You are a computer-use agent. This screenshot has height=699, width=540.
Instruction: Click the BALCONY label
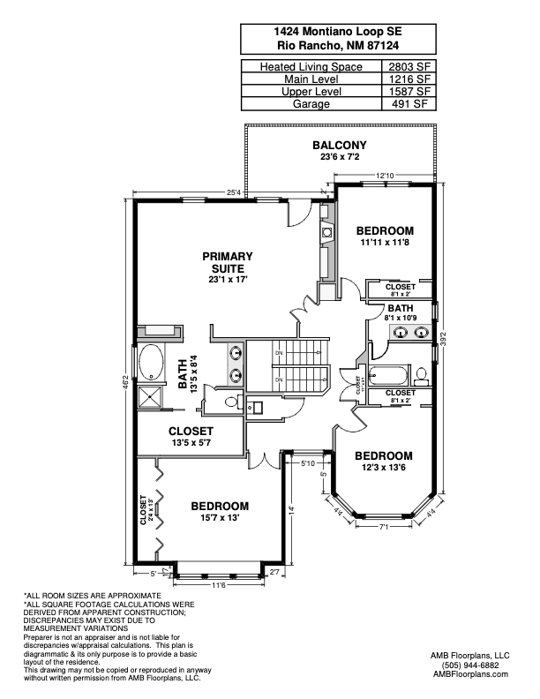[339, 145]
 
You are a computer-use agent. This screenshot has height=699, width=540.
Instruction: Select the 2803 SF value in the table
[409, 66]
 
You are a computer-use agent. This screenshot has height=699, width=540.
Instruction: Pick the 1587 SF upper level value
[409, 91]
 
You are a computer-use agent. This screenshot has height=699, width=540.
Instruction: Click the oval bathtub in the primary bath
[150, 362]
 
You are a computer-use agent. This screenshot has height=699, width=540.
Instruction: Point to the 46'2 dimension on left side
[124, 380]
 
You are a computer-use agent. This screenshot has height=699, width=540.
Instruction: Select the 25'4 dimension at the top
[233, 192]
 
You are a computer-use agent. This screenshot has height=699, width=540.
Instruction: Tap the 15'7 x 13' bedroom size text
[220, 517]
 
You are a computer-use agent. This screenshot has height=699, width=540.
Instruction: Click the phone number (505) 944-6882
[471, 665]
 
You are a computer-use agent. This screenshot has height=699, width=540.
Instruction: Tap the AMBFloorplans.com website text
[471, 674]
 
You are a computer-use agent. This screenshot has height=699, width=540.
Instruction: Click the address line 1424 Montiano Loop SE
[339, 30]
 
